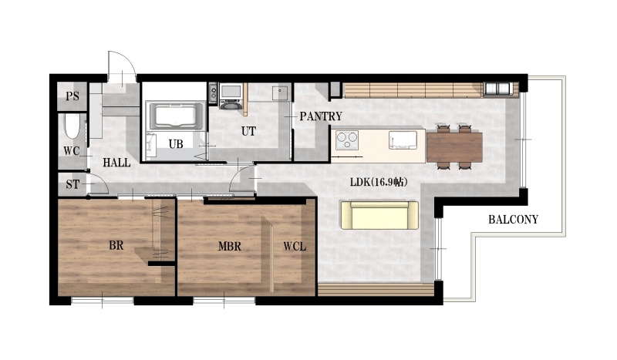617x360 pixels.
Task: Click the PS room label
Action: click(x=72, y=96)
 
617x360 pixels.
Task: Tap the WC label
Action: click(x=71, y=151)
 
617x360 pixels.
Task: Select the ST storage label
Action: click(x=72, y=184)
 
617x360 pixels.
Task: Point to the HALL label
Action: click(x=116, y=163)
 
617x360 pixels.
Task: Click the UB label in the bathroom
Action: click(x=176, y=144)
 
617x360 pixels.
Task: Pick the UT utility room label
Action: click(x=248, y=131)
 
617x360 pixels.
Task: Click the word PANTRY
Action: click(x=321, y=116)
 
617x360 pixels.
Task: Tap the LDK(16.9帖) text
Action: click(x=378, y=182)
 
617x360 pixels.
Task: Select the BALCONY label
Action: click(x=513, y=220)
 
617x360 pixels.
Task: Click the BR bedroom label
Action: click(x=116, y=245)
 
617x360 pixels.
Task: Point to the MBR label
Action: click(x=230, y=247)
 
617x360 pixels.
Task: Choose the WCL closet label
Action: click(x=295, y=247)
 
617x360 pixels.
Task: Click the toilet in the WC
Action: click(x=72, y=126)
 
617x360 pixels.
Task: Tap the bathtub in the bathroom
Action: click(x=175, y=116)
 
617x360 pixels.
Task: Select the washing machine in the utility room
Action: click(x=231, y=97)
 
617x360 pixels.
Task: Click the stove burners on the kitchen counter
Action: click(x=347, y=140)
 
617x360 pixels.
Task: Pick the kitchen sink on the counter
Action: click(x=403, y=140)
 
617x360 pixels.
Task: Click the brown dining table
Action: click(x=454, y=147)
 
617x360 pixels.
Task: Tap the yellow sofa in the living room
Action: click(x=379, y=215)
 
